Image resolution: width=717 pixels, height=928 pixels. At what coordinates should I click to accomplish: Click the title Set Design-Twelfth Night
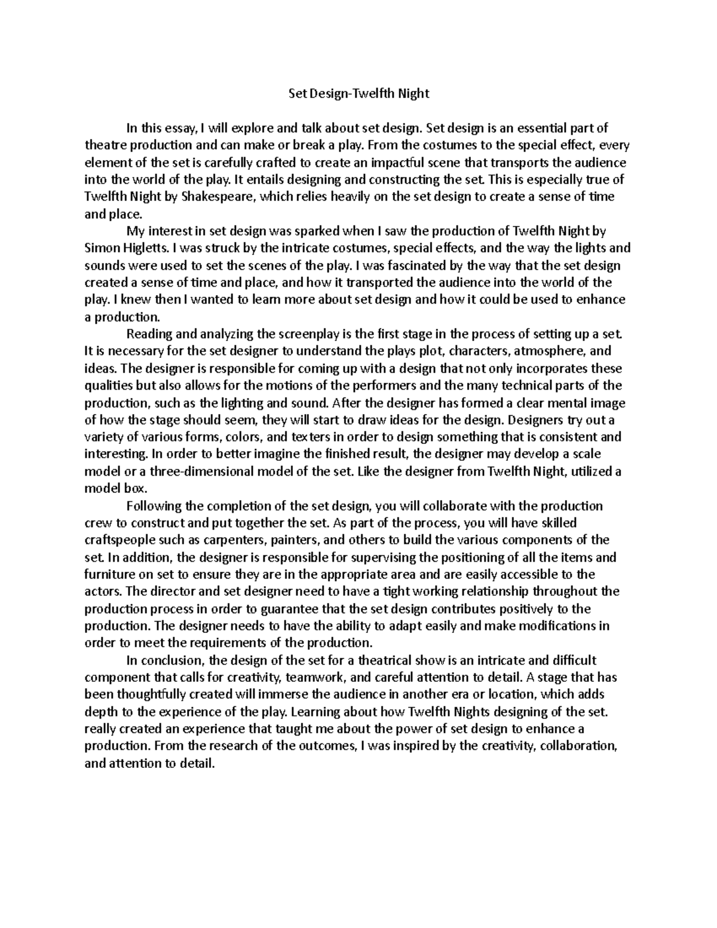click(x=358, y=93)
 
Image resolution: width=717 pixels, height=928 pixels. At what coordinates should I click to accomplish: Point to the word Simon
click(x=99, y=248)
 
